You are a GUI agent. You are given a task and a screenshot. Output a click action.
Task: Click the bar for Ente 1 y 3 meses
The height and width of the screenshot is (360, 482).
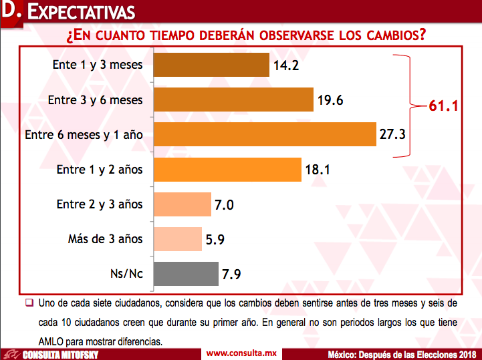[211, 65]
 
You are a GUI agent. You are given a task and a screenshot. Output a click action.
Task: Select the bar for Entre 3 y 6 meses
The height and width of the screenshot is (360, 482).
[233, 100]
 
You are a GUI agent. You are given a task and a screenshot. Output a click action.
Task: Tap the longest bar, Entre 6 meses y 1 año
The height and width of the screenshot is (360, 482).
[265, 134]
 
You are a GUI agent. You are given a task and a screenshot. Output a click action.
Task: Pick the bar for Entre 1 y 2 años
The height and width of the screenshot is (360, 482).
[227, 169]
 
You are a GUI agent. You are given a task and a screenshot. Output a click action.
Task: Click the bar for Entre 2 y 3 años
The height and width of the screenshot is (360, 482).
[182, 204]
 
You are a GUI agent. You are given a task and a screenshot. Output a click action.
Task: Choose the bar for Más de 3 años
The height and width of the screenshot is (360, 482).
[178, 238]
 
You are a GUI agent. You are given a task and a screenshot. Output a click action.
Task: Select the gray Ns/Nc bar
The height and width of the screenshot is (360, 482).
[186, 273]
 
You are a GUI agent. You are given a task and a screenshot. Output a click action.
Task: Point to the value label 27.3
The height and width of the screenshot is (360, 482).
[394, 134]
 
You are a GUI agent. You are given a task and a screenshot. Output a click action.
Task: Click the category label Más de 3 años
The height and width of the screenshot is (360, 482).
[105, 239]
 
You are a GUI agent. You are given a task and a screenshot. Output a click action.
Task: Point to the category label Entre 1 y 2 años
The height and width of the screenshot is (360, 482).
[99, 170]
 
